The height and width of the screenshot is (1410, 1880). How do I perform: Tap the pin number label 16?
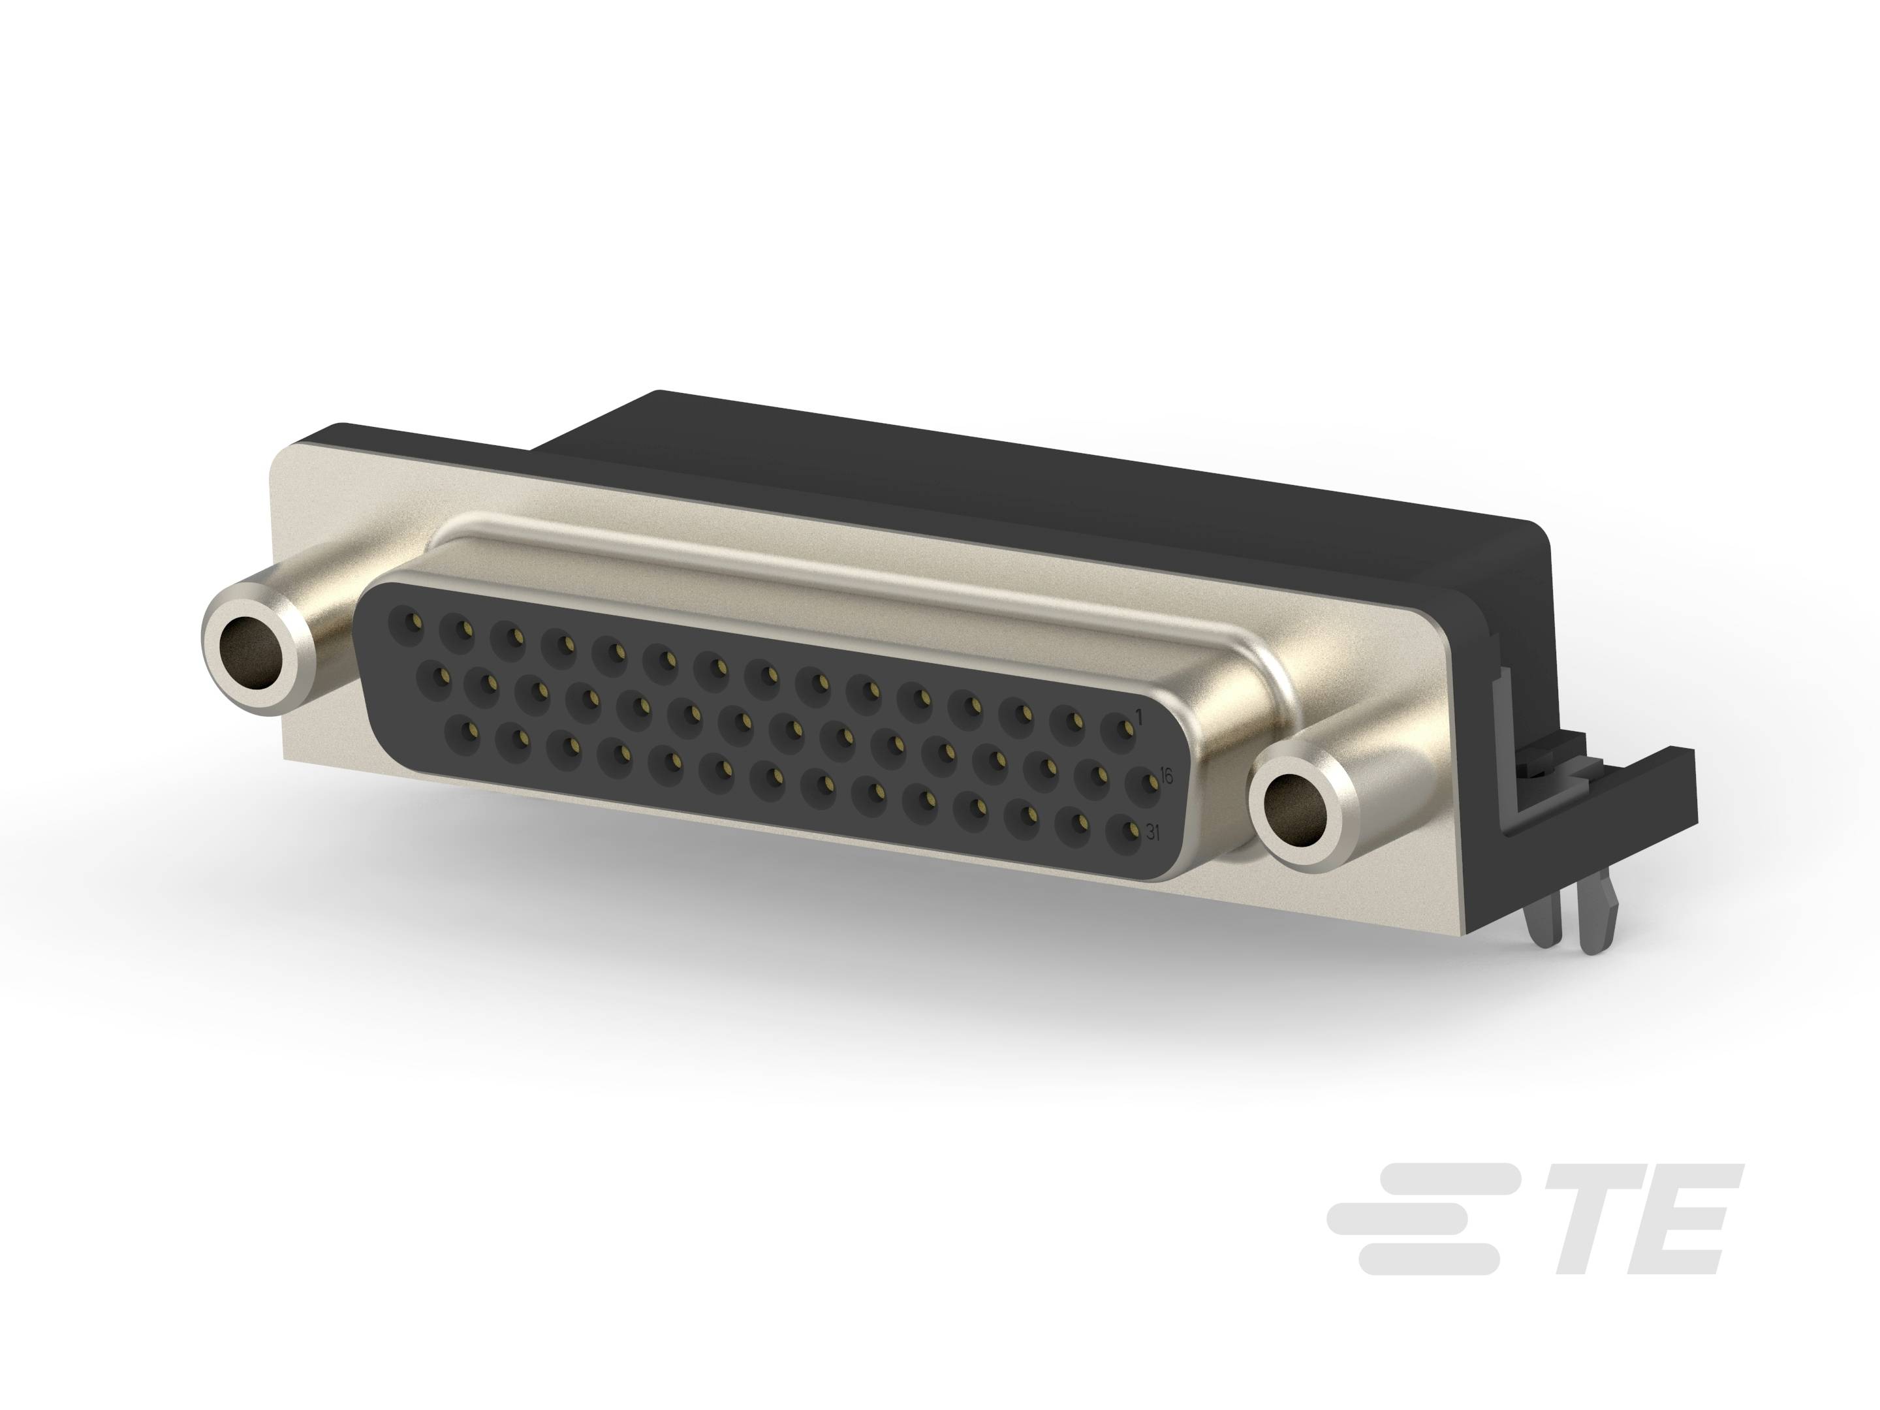pos(1166,776)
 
